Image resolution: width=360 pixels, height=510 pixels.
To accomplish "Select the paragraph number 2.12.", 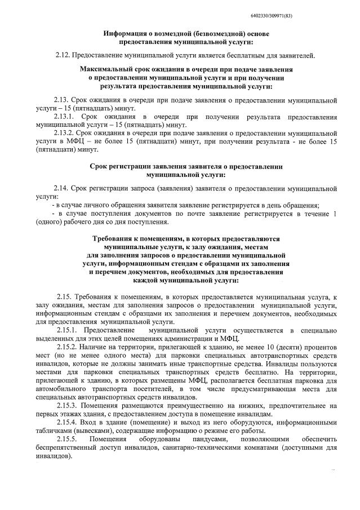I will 63,55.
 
